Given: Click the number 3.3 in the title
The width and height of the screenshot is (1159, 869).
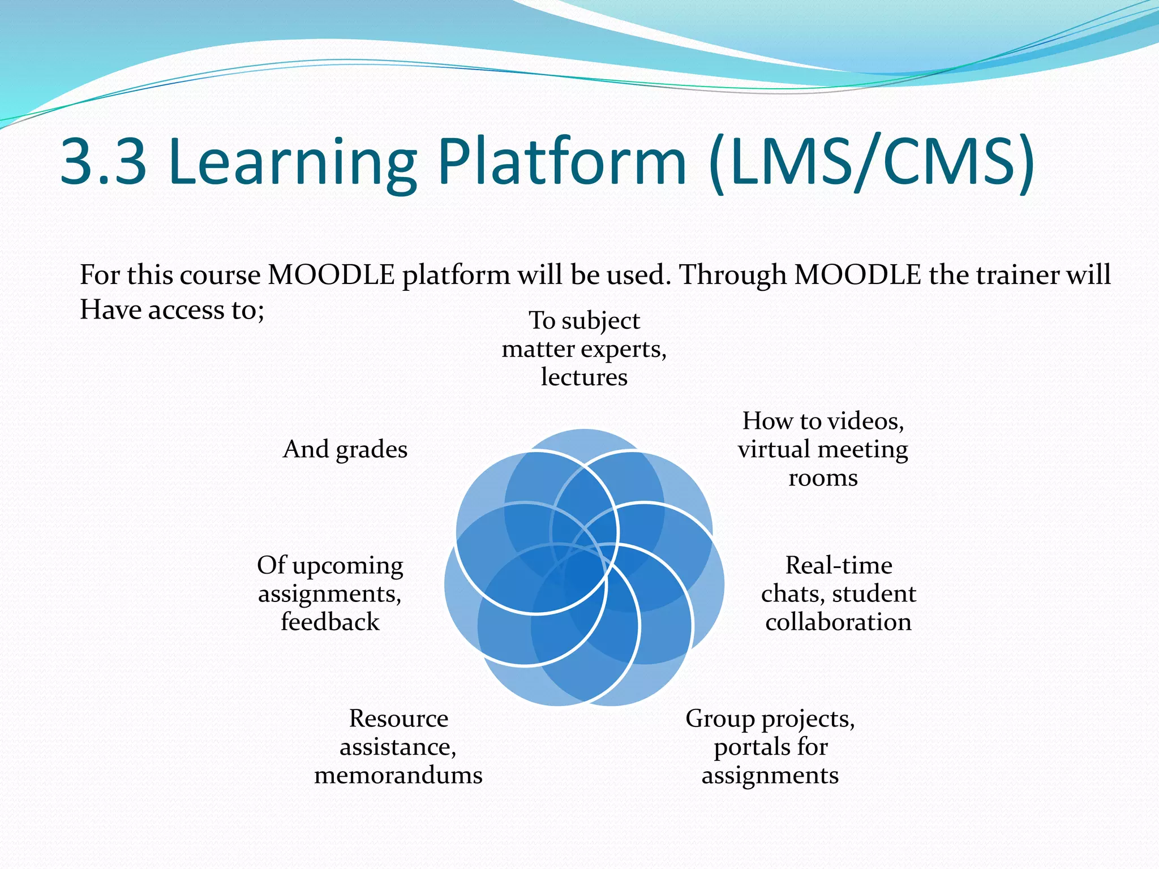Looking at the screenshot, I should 103,162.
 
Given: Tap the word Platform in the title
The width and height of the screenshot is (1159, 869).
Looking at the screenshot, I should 562,162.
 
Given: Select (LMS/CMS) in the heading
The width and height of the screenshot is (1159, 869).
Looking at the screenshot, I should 872,162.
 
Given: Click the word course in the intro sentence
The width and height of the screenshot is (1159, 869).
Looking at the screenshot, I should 220,275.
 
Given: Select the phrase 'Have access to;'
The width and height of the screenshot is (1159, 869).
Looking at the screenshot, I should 172,310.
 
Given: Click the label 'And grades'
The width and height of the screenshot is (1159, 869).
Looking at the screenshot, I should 345,449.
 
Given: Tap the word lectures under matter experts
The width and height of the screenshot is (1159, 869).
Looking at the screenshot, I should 584,377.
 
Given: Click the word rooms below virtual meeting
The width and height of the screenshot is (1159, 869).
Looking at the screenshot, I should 823,478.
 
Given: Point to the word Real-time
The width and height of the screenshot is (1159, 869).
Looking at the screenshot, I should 839,565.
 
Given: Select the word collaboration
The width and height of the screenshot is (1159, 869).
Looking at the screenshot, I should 838,622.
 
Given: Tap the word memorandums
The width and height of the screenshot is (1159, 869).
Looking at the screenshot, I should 398,775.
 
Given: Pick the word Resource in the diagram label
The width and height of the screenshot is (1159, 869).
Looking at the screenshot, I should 398,719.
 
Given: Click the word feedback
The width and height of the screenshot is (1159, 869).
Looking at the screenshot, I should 330,622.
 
